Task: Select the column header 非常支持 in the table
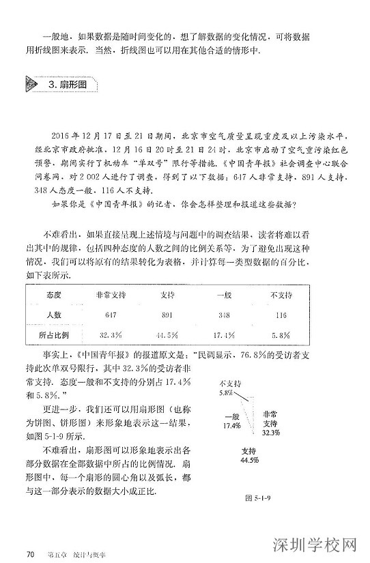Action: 111,295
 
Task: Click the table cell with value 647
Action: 111,315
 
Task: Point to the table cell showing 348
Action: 224,315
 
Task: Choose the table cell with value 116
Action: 281,315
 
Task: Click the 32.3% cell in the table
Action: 111,336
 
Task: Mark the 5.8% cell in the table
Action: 281,336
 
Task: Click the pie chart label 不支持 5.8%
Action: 231,388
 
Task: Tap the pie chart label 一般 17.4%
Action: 232,421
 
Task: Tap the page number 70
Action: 29,552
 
